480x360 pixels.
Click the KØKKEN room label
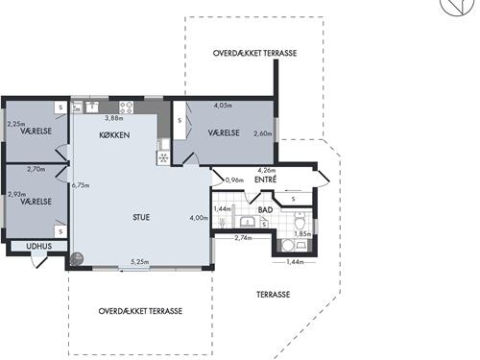coord(114,135)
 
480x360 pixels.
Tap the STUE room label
coord(141,217)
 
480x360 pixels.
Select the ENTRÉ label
coord(265,180)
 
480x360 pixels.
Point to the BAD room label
coord(265,210)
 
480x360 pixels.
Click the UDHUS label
coord(39,246)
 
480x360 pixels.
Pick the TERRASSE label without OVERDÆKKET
coord(274,295)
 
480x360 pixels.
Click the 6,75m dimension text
coord(81,185)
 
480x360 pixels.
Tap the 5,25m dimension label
coord(140,262)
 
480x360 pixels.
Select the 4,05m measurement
coord(223,105)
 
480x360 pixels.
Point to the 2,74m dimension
coord(243,238)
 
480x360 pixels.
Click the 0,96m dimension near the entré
coord(234,180)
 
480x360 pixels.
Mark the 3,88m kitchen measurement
coord(114,118)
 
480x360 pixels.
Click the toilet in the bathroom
coord(300,221)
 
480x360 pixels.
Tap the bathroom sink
coord(247,222)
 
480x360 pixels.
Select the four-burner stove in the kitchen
coord(126,108)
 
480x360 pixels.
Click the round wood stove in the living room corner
coord(77,258)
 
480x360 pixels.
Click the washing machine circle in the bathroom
coord(288,246)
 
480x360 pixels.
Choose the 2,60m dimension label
coord(263,133)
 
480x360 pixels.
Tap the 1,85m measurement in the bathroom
coord(302,234)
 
